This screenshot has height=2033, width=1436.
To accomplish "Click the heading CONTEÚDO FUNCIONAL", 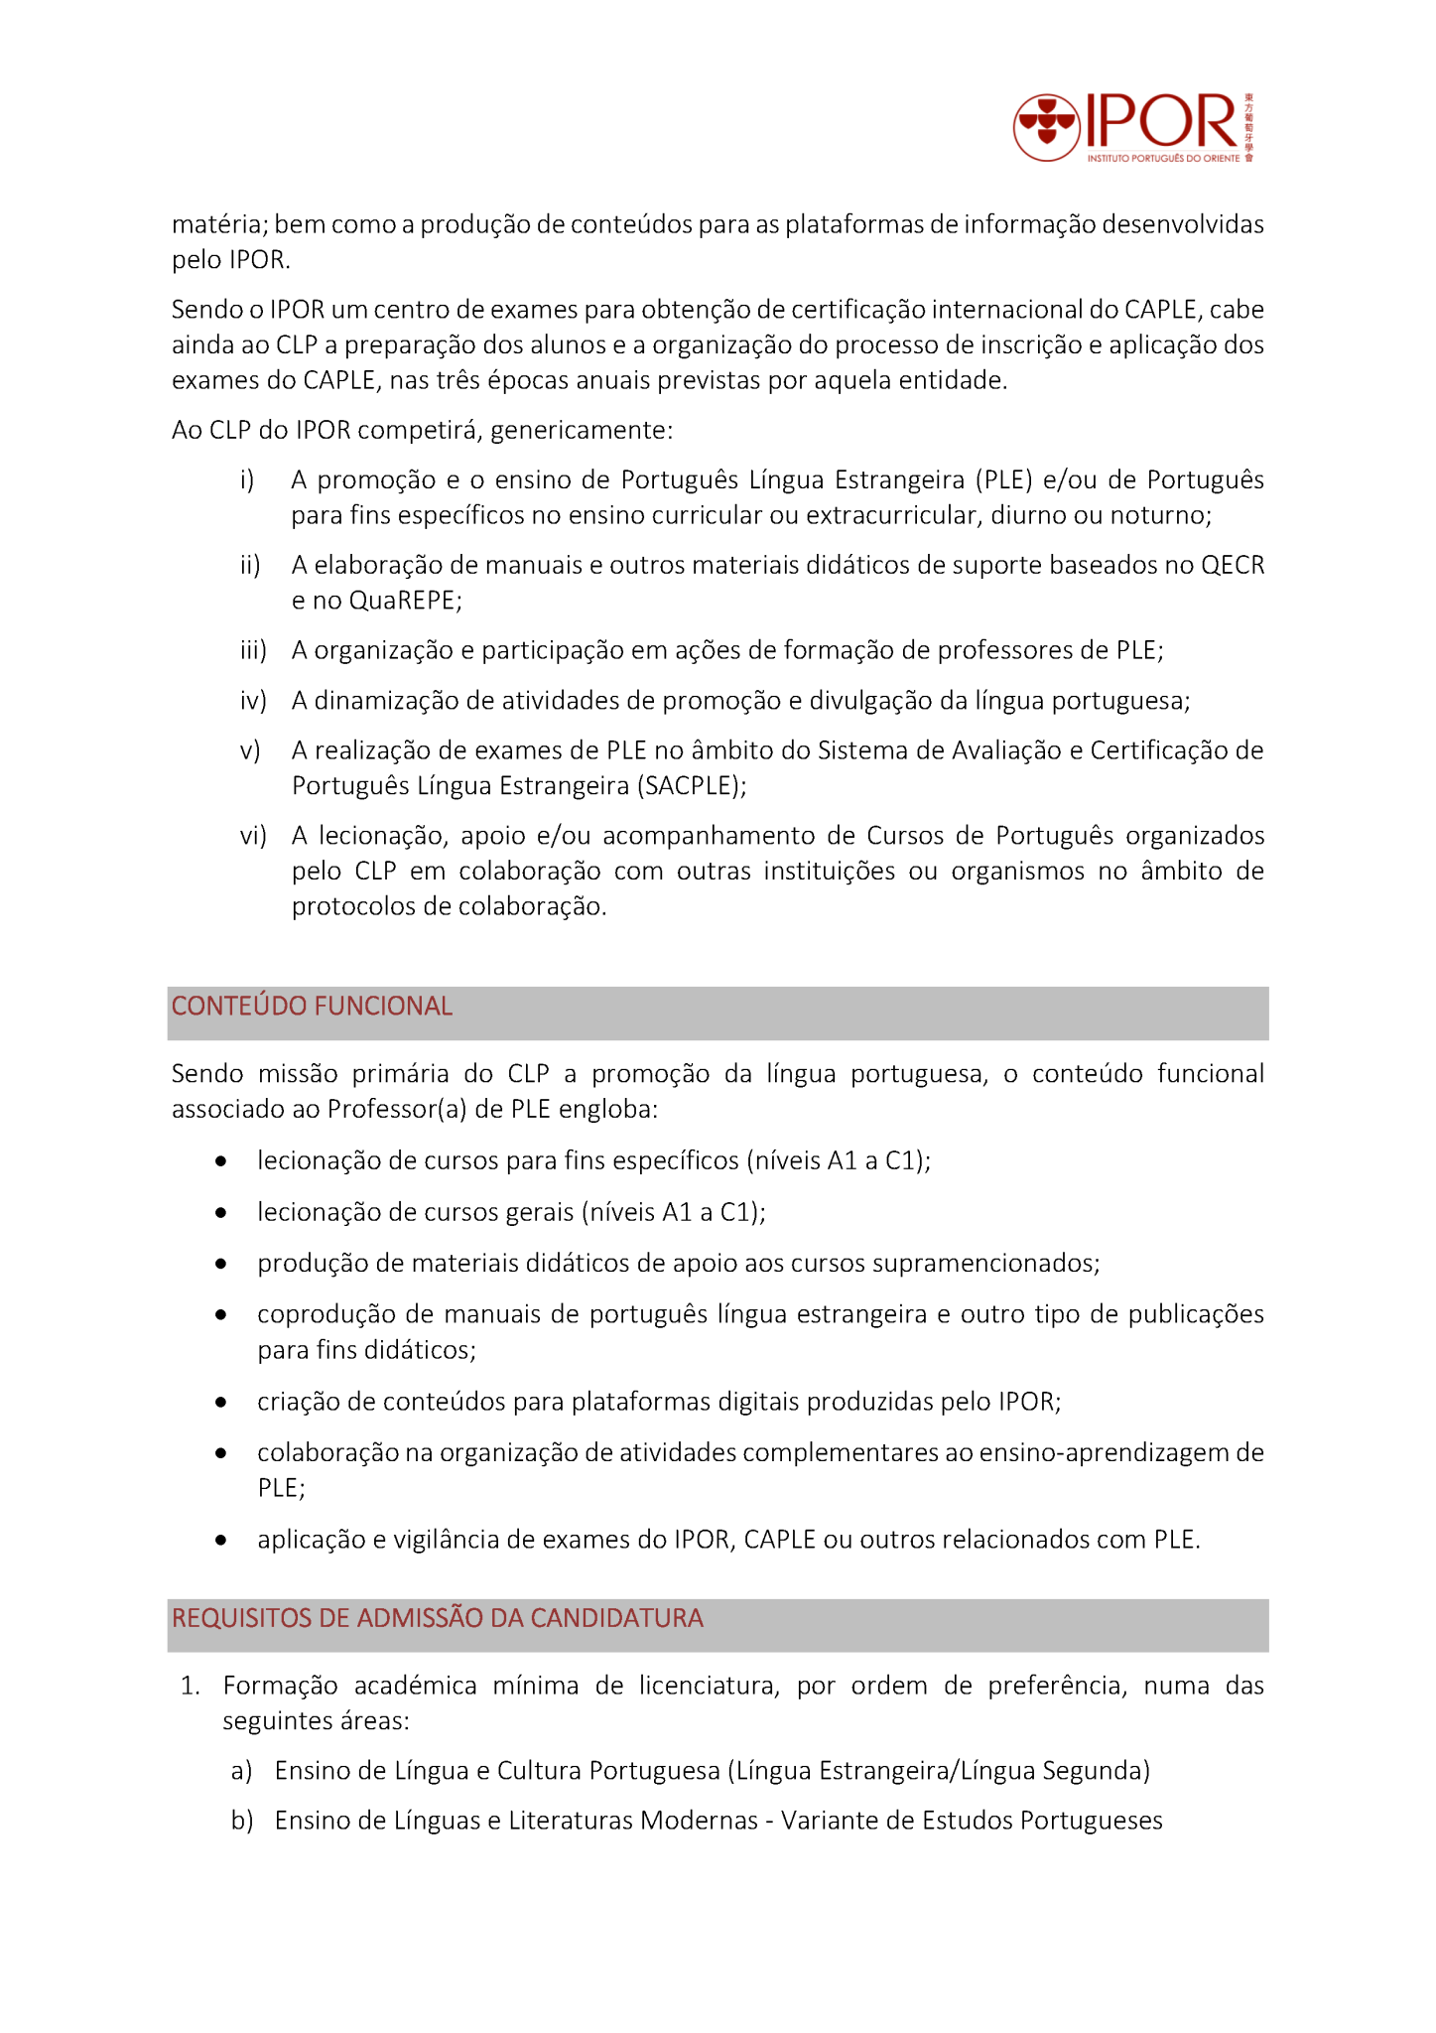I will (312, 1007).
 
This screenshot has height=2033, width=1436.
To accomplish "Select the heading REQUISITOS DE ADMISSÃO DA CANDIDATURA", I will (437, 1619).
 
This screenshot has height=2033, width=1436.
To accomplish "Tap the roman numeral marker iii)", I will (253, 651).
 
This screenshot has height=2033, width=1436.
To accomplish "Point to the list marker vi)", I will (253, 837).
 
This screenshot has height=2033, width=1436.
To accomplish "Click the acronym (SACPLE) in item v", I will (692, 786).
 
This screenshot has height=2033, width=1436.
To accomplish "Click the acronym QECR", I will (1233, 566).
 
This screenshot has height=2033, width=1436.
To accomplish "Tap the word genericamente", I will (582, 431).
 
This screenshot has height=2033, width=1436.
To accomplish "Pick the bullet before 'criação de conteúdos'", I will (221, 1403).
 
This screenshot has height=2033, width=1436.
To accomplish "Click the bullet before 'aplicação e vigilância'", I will (221, 1541).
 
